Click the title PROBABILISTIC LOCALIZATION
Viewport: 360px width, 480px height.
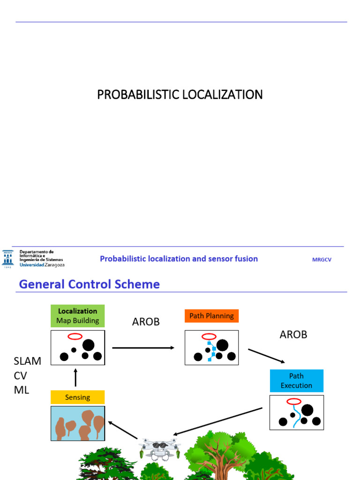point(180,95)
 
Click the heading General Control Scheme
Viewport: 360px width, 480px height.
point(90,284)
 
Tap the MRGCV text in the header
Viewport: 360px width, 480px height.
point(322,260)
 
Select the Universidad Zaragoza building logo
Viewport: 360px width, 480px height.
point(8,259)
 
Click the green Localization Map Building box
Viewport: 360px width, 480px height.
point(77,316)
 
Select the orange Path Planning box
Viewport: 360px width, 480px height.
point(211,316)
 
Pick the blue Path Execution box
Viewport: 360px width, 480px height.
point(296,381)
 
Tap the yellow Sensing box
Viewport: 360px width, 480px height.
point(77,397)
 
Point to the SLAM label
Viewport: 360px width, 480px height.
point(27,361)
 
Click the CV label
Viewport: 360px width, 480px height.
point(20,375)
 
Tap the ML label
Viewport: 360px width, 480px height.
point(22,390)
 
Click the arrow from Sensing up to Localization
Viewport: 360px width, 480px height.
point(75,377)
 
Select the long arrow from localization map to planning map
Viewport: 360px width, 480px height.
point(143,348)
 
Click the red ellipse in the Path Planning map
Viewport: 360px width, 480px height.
point(209,337)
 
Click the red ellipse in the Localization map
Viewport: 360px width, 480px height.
point(75,337)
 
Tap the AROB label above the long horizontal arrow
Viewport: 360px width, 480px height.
point(146,322)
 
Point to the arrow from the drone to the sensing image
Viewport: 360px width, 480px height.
point(123,430)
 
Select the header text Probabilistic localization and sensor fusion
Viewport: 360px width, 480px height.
point(179,259)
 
